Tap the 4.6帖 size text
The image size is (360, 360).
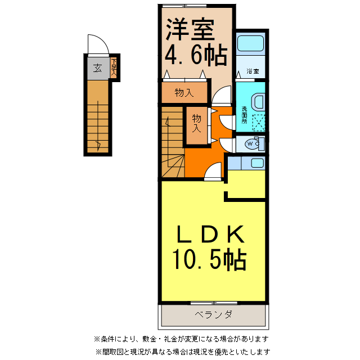pyautogui.click(x=195, y=55)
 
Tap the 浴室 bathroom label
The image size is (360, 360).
pyautogui.click(x=252, y=71)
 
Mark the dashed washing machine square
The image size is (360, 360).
pyautogui.click(x=258, y=123)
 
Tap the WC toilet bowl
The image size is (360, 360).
pyautogui.click(x=253, y=145)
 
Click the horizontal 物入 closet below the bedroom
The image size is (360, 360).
pyautogui.click(x=184, y=93)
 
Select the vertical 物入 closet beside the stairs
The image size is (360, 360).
pyautogui.click(x=197, y=123)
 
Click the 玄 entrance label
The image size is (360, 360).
pyautogui.click(x=97, y=69)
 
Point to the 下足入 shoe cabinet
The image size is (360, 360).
pyautogui.click(x=114, y=68)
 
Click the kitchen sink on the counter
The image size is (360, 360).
pyautogui.click(x=256, y=163)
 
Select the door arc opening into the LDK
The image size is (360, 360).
pyautogui.click(x=214, y=170)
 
